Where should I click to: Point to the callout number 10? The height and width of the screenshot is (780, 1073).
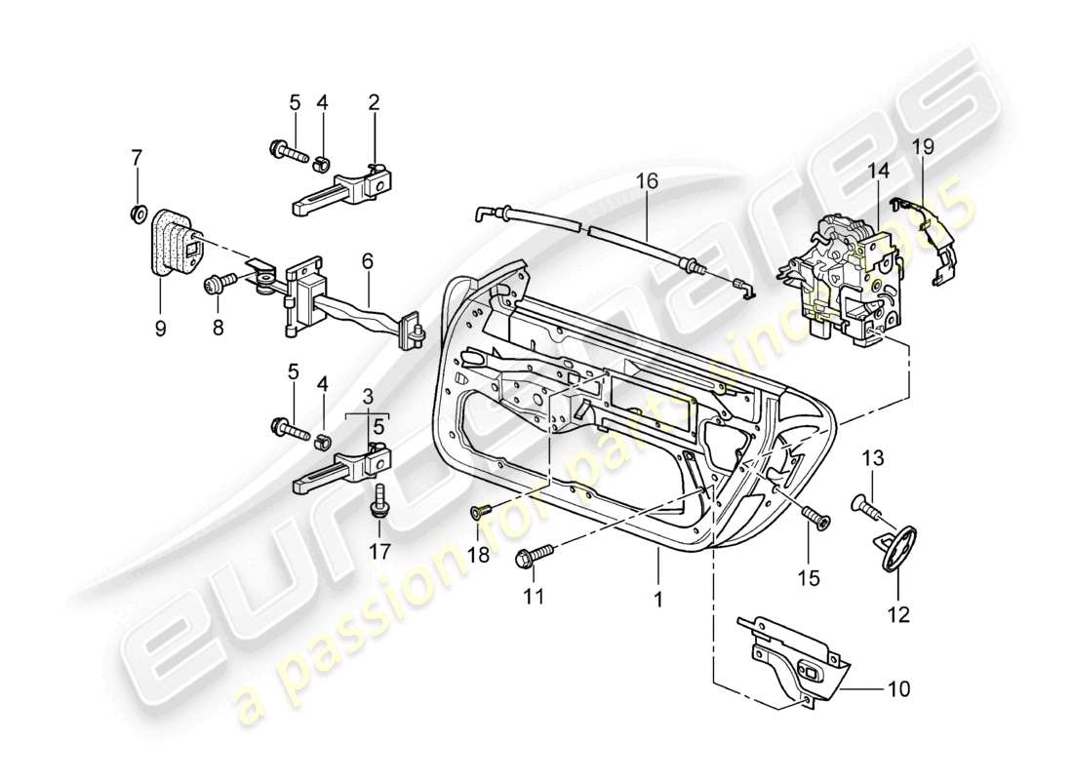897,689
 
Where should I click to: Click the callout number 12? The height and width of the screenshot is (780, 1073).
897,614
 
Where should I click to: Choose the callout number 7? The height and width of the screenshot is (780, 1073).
137,156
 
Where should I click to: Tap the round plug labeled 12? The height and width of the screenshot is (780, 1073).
895,547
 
